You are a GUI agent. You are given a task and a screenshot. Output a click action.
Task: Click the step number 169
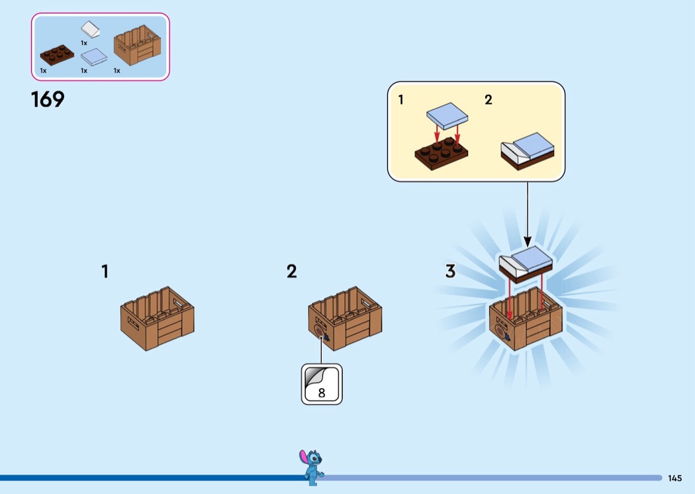[48, 100]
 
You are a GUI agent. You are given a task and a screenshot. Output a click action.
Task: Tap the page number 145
[674, 478]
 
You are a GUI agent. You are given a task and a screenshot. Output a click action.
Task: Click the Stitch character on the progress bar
[311, 466]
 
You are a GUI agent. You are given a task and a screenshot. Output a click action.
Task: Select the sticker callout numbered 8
[322, 383]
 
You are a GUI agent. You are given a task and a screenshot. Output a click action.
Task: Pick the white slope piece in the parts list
[91, 30]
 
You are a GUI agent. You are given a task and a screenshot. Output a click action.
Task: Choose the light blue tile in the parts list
[93, 57]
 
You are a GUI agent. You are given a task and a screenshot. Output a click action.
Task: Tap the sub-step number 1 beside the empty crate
[105, 272]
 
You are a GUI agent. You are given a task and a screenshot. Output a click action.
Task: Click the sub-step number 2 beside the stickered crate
[291, 272]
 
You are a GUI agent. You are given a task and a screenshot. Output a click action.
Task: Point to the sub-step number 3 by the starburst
[450, 272]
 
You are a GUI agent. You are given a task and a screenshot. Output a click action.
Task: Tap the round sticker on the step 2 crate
[320, 331]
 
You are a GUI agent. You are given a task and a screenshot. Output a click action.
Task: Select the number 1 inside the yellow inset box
[400, 101]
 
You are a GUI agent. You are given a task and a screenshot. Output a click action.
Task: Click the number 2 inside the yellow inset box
[488, 101]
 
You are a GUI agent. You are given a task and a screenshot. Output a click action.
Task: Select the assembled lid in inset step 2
[528, 151]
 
